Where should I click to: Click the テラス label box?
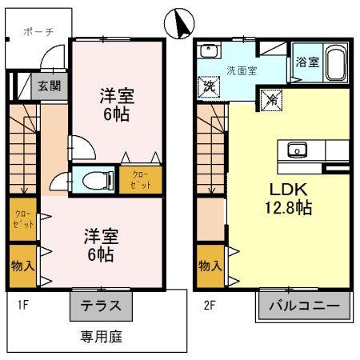click(102, 306)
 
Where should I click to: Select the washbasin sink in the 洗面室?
click(210, 52)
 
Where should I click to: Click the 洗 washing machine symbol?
click(209, 86)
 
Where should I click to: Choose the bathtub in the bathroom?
click(334, 61)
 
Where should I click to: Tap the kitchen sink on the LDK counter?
click(298, 150)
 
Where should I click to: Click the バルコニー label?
click(304, 306)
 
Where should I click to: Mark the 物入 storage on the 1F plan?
click(22, 265)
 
